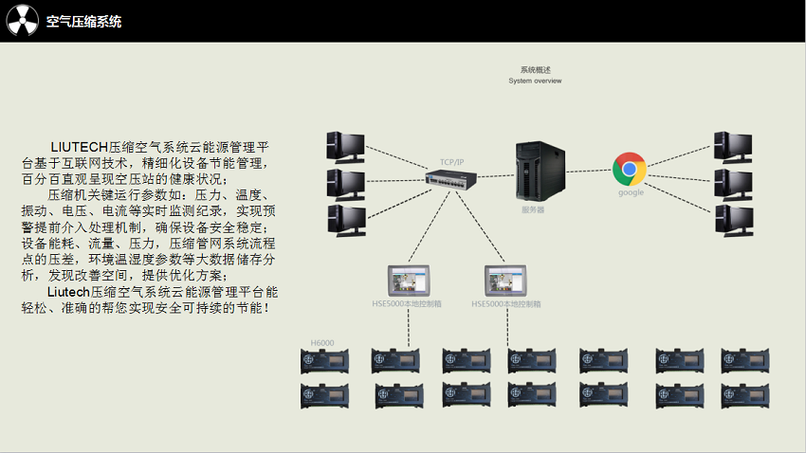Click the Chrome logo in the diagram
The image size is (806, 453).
(630, 169)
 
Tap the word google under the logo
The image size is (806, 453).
(631, 192)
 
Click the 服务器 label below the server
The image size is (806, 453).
(534, 210)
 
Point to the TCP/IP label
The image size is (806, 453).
(452, 162)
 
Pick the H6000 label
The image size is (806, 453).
(322, 342)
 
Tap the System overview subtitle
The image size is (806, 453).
(535, 81)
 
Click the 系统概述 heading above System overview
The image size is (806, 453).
(535, 70)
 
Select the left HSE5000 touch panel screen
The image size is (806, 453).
(409, 281)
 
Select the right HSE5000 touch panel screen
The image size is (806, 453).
(505, 281)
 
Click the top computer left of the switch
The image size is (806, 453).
(344, 146)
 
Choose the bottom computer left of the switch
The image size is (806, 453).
(344, 220)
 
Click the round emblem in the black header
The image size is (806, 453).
(22, 21)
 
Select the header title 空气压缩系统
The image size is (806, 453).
(84, 22)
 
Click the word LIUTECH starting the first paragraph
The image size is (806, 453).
(80, 147)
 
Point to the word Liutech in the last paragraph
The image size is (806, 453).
(68, 292)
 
